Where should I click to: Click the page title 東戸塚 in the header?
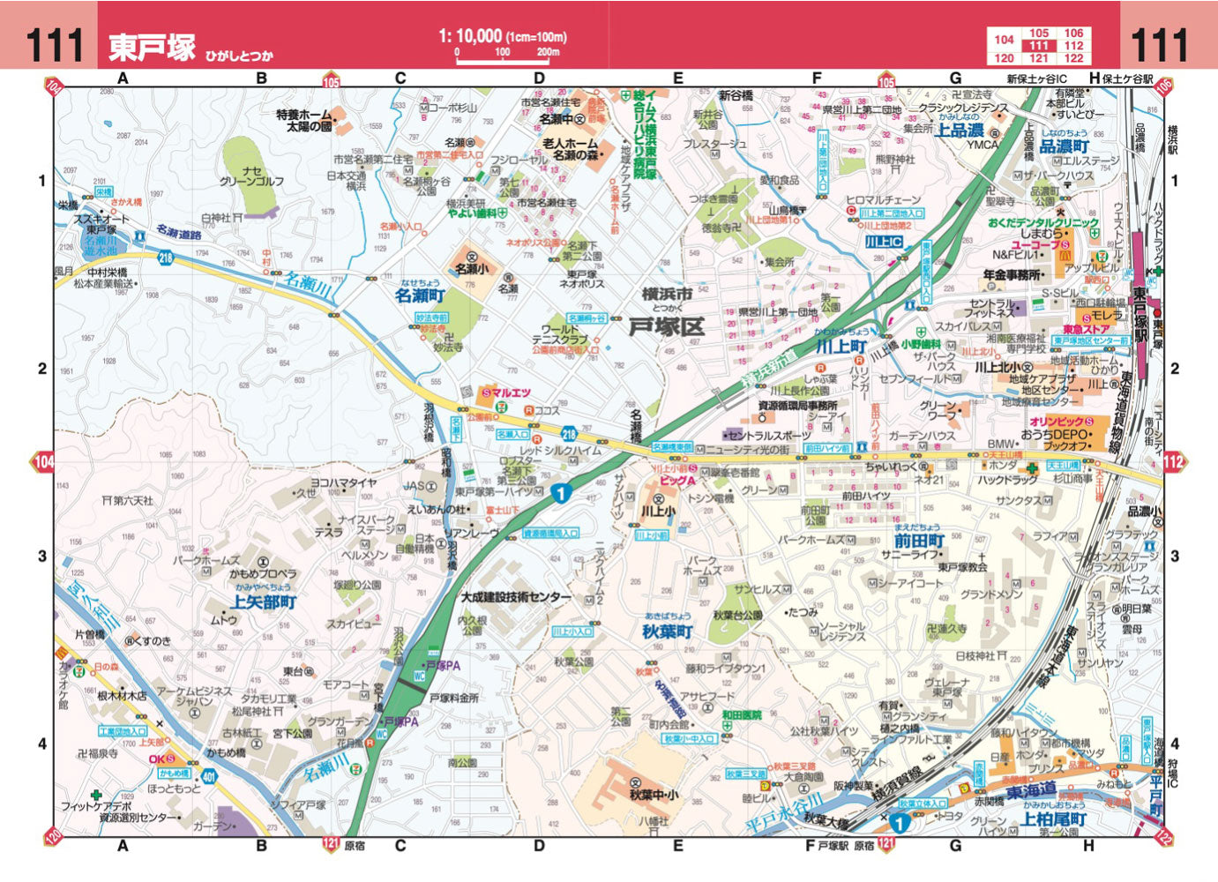coord(152,47)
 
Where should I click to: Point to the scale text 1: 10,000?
coord(470,36)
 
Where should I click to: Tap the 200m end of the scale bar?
coord(548,53)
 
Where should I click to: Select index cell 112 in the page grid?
coord(1073,46)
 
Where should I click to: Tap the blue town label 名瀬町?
coord(420,295)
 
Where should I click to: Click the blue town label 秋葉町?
coord(668,632)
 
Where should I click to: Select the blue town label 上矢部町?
coord(264,602)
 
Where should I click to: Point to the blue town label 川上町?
coord(841,347)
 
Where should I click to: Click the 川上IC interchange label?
coord(883,242)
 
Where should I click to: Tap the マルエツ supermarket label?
coord(510,392)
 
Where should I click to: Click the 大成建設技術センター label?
coord(516,597)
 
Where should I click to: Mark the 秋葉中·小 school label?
coord(654,795)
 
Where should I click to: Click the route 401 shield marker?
coord(209,777)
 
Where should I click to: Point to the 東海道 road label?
coord(1031,789)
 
